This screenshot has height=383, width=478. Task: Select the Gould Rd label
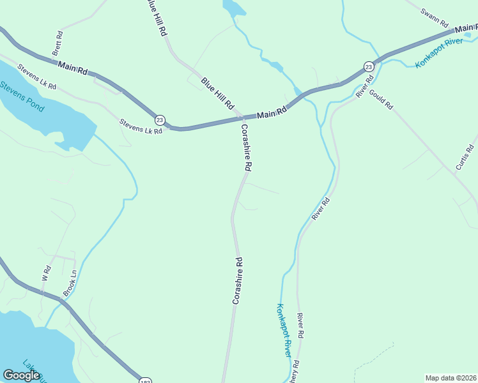(x=381, y=98)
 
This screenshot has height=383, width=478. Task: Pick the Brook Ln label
(x=70, y=282)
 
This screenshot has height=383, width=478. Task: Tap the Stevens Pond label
(x=22, y=96)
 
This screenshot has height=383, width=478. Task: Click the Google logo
(x=22, y=375)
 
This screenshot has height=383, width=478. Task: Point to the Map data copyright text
(x=451, y=378)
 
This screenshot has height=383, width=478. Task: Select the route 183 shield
(x=145, y=380)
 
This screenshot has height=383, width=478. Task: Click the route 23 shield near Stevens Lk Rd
(x=160, y=119)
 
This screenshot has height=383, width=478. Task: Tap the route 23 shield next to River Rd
(x=369, y=66)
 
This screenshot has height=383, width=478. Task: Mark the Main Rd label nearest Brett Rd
(x=72, y=66)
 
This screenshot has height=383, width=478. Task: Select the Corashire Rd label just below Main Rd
(x=246, y=147)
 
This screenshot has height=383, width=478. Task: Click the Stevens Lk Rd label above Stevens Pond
(x=36, y=77)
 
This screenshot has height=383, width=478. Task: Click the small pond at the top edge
(x=233, y=8)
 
